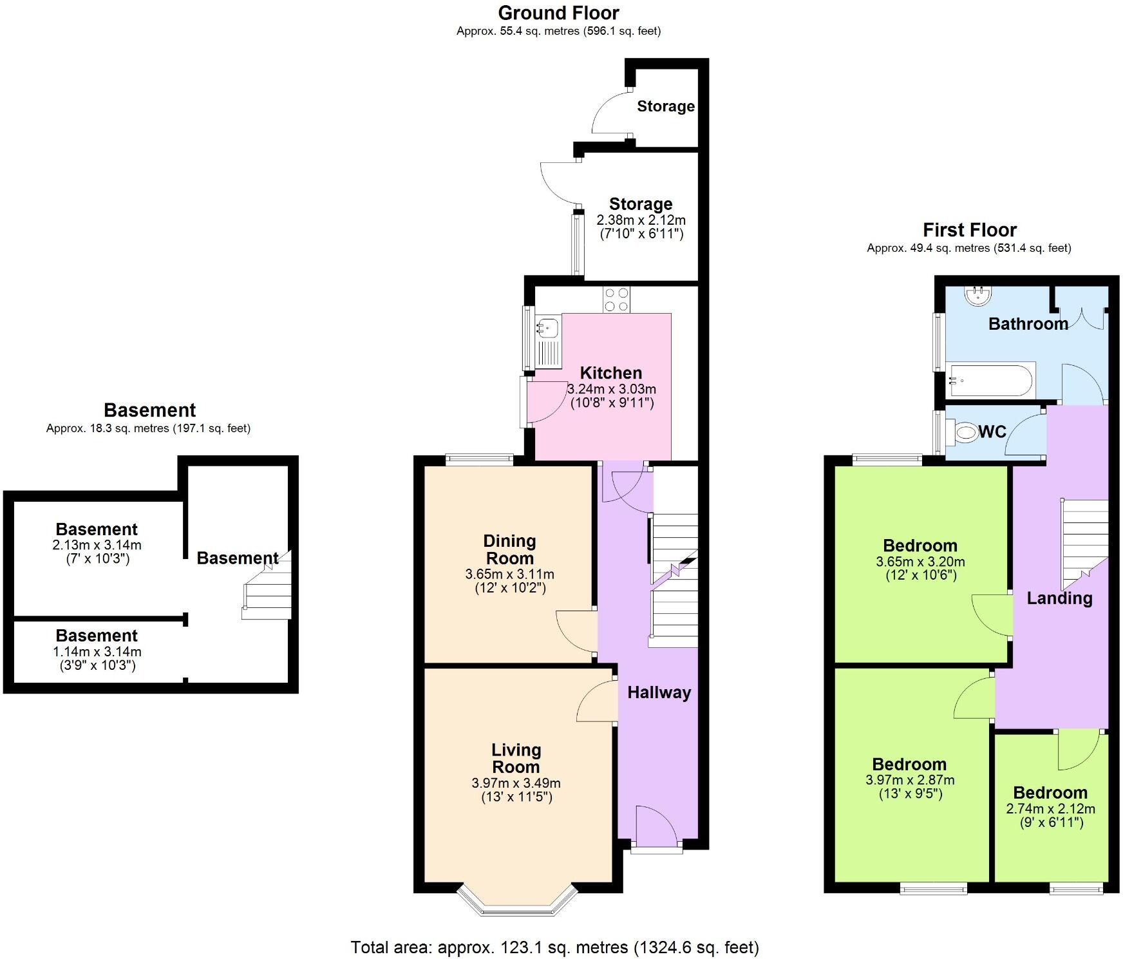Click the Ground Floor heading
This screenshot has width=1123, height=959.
tap(558, 13)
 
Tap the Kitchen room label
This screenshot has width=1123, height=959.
tap(610, 373)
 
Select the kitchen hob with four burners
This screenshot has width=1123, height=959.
tap(616, 300)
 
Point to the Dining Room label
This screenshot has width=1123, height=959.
tap(509, 549)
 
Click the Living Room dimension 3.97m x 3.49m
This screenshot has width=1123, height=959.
tap(516, 783)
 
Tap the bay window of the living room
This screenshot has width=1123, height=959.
tap(517, 902)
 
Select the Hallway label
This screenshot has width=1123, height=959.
tap(659, 692)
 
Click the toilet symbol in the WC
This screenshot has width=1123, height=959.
tap(965, 432)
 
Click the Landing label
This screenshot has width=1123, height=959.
tap(1059, 598)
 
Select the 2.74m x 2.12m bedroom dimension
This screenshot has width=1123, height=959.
tap(1050, 809)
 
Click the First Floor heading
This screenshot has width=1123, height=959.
tap(969, 230)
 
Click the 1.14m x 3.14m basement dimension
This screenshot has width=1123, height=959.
tap(97, 652)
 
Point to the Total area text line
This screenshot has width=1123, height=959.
tap(554, 947)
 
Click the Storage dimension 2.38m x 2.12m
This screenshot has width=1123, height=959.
tap(640, 220)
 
